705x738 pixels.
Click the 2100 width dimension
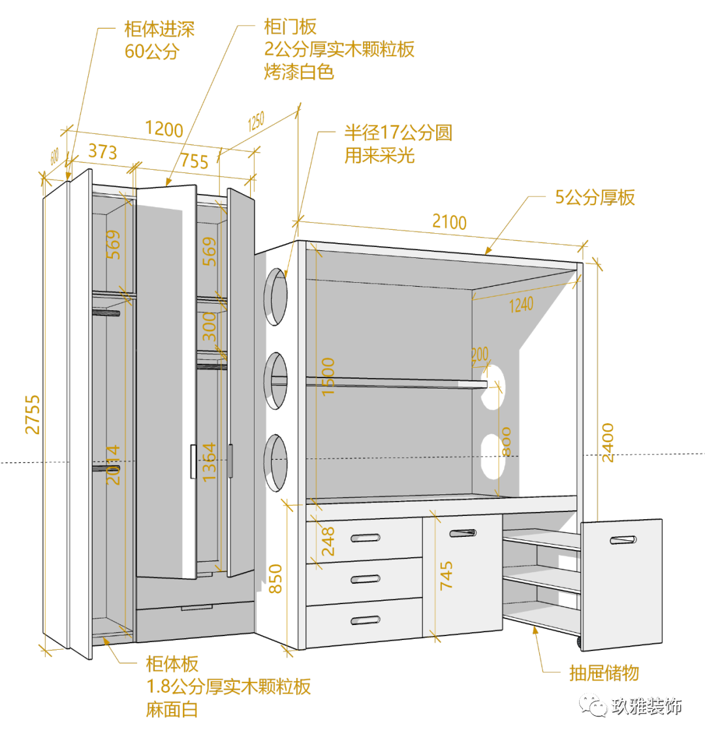[449, 223]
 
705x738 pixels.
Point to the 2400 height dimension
[607, 443]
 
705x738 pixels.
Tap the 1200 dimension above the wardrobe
[164, 129]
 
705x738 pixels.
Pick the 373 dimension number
[102, 152]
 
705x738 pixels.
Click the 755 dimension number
[195, 161]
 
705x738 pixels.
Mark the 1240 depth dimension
[521, 304]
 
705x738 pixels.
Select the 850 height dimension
[276, 579]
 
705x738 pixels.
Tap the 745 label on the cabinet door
[446, 575]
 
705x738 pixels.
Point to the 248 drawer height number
[328, 541]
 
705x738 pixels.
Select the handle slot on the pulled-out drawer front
[623, 540]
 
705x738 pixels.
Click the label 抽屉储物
[604, 673]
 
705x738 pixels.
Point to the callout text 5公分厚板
[595, 197]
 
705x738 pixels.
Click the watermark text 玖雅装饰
[646, 706]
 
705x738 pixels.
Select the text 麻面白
[172, 709]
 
